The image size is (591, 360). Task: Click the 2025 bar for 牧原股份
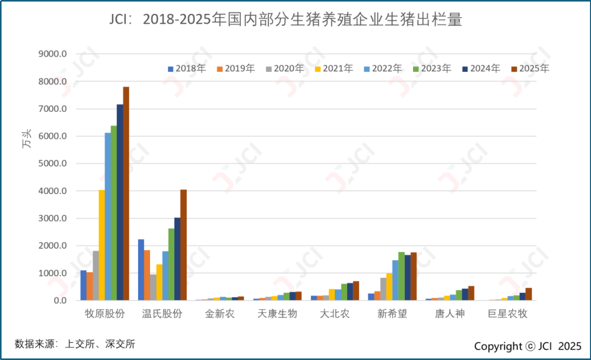point(126,193)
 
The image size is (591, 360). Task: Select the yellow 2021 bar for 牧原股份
point(101,245)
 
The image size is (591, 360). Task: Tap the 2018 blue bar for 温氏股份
point(141,269)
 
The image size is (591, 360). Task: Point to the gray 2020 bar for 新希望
point(383,289)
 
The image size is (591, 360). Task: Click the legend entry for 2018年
point(187,68)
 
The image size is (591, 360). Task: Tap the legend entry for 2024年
point(481,68)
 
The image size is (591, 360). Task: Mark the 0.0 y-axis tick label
point(60,301)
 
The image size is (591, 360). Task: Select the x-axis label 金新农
point(220,314)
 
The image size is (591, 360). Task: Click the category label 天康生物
point(277,314)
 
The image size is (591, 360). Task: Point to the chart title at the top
point(286,20)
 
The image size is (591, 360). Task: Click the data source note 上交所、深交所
point(75,344)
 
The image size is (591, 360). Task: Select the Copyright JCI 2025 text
point(528,346)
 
